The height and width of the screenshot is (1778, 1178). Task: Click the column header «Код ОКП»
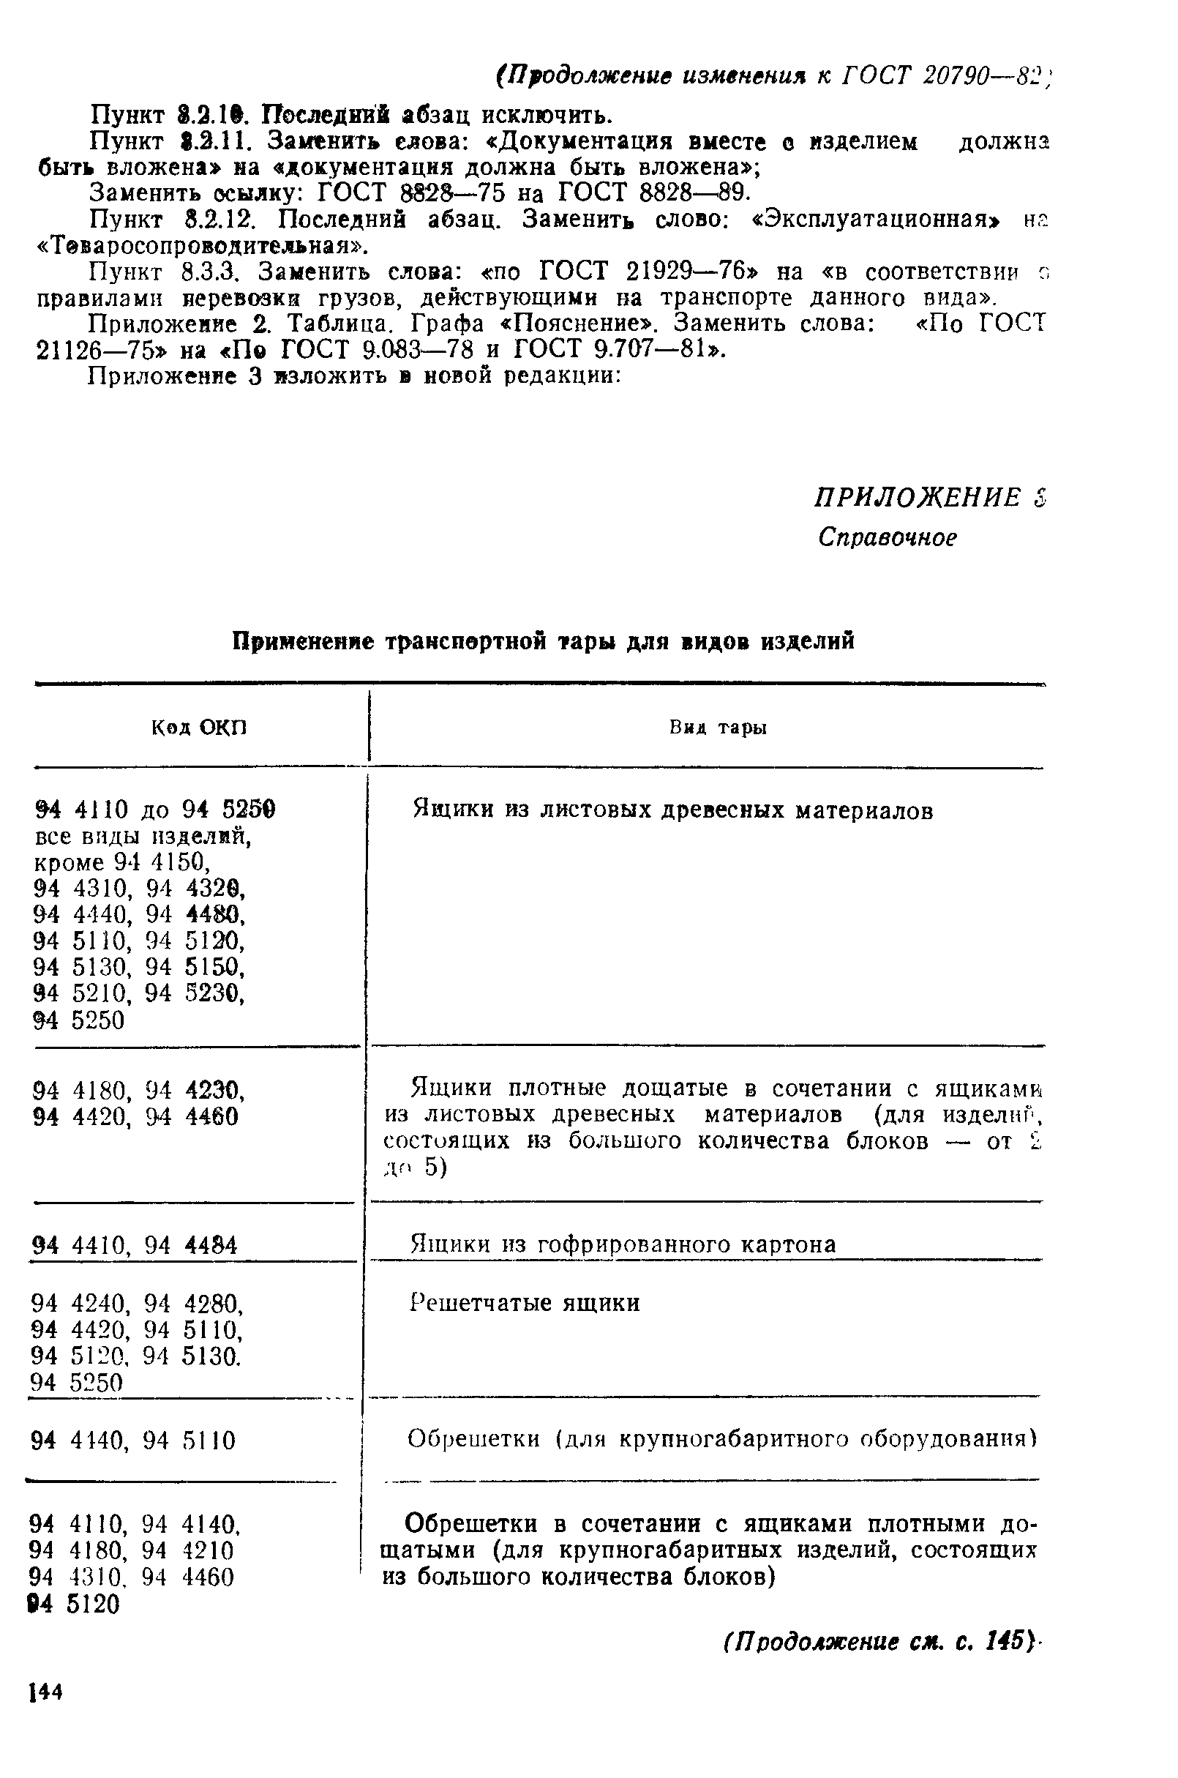tap(199, 728)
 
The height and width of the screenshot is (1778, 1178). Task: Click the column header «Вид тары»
tap(719, 728)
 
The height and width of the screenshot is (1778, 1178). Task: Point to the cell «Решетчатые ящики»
tap(525, 1302)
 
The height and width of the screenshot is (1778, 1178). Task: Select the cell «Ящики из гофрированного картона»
tap(623, 1244)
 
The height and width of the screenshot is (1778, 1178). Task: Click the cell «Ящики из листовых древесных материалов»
tap(673, 810)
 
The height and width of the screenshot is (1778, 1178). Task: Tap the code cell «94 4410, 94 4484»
tap(136, 1246)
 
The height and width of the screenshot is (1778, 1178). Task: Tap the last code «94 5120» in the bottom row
tap(75, 1605)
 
